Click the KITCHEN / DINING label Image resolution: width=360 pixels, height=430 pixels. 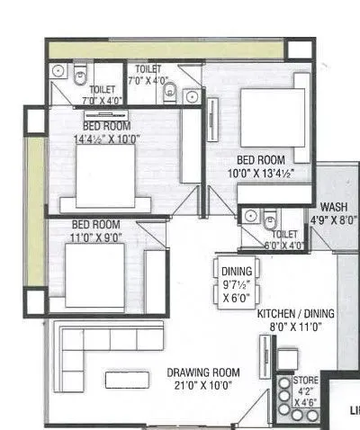tap(295, 313)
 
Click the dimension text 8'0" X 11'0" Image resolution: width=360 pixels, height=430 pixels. tap(294, 327)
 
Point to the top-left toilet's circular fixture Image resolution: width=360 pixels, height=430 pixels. tap(58, 69)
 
